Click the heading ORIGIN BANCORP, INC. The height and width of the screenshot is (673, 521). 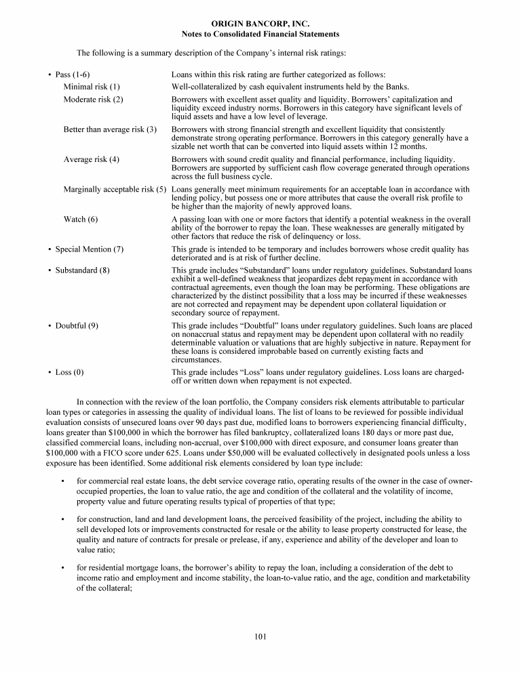point(260,24)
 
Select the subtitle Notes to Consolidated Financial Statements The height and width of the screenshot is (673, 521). point(260,34)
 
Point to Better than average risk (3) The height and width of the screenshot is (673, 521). point(110,129)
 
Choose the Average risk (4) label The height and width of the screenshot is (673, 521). point(92,159)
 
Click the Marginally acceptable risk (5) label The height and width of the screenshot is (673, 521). point(115,189)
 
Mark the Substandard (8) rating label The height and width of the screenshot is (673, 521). point(82,270)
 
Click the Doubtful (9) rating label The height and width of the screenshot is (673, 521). point(77,325)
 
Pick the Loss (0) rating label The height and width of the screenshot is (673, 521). point(70,372)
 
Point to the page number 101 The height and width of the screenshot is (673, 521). point(260,636)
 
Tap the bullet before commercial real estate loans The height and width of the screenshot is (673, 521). point(62,481)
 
